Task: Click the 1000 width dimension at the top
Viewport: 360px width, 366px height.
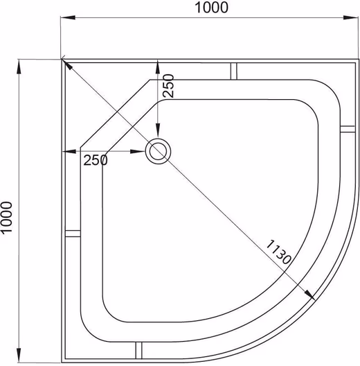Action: point(211,8)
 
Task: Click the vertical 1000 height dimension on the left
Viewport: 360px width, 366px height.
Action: point(6,218)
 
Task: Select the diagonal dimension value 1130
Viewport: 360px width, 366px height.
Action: point(279,252)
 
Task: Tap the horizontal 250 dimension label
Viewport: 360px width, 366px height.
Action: point(96,160)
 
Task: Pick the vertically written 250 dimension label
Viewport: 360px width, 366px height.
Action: point(168,86)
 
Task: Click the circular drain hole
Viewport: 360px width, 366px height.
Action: point(158,151)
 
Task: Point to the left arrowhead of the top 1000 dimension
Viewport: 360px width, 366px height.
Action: point(68,17)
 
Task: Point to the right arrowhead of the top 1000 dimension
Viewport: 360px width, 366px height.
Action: point(351,17)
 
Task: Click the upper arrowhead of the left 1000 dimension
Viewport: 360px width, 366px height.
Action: point(19,67)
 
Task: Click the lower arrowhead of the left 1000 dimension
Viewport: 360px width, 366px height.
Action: point(19,356)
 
